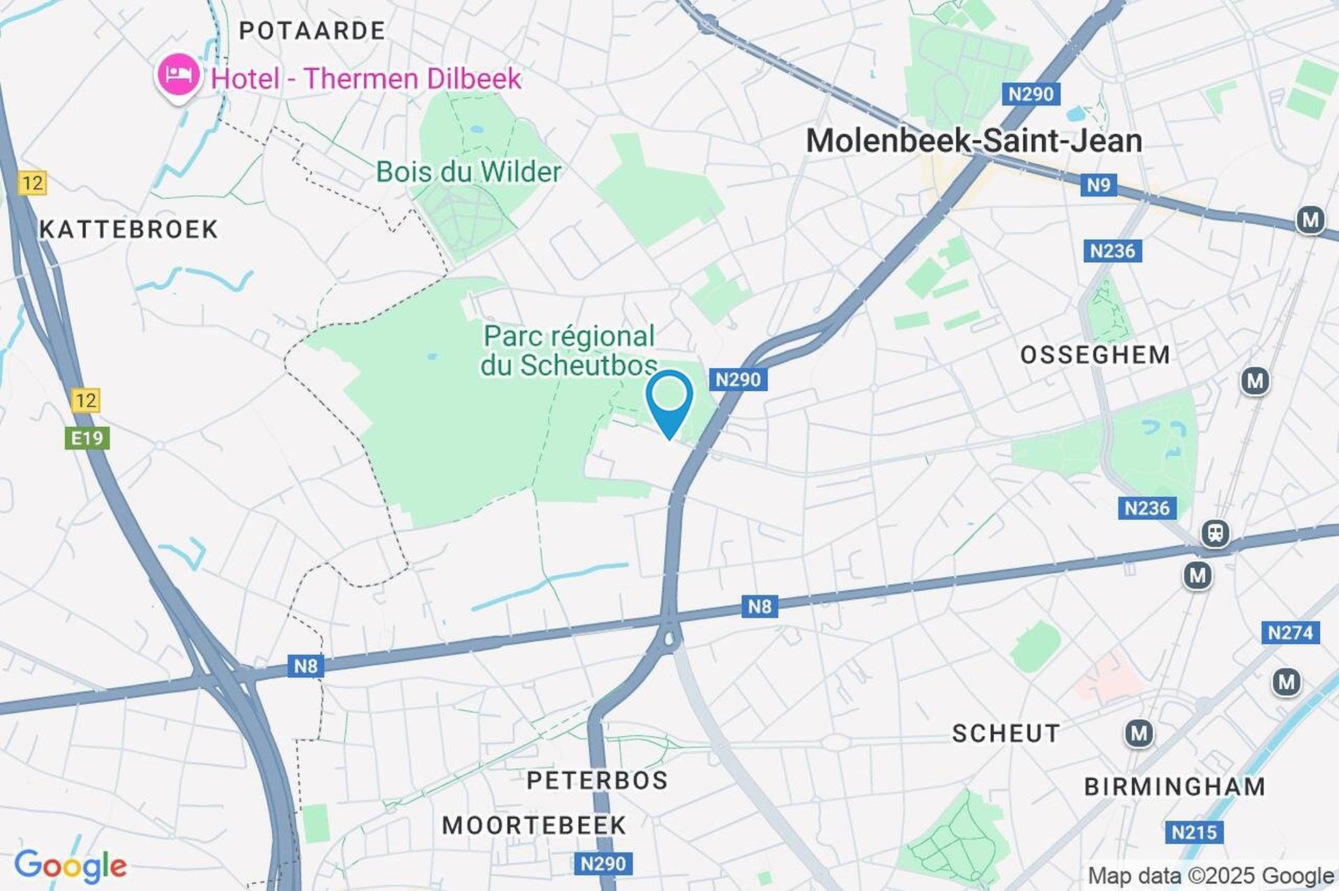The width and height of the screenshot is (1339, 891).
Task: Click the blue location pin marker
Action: coord(669,399)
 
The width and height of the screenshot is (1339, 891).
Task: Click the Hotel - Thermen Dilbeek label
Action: coord(365,79)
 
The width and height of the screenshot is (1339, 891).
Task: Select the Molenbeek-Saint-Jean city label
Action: coord(974,142)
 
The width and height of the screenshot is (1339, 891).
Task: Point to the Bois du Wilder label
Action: coord(469,172)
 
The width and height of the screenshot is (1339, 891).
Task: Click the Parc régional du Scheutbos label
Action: coord(569,351)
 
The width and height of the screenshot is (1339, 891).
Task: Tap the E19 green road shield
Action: coord(87,438)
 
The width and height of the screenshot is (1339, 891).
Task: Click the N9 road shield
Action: coord(1098,185)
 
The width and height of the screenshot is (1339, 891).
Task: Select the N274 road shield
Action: coord(1289,632)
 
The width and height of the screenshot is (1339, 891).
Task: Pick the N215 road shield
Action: coord(1194,832)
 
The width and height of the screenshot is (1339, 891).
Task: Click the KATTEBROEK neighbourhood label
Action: coord(129,229)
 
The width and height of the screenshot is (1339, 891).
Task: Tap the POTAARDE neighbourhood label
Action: coord(312,31)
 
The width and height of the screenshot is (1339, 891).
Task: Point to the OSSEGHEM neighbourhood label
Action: coord(1095,355)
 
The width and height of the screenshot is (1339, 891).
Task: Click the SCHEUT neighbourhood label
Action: coord(1006,733)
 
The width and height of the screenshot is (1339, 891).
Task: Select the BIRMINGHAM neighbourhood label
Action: coord(1174,786)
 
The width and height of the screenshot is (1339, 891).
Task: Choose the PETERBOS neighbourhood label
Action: coord(597,780)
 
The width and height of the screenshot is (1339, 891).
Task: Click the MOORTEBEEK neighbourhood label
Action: coord(534,825)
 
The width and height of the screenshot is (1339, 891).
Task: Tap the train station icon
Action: coord(1215,534)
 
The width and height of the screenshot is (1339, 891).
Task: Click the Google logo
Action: coord(70,866)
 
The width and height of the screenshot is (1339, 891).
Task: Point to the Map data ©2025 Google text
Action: coord(1211,876)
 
